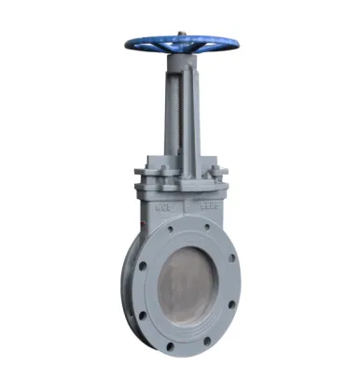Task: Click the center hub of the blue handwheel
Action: (x=179, y=43)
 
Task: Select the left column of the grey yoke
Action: (x=167, y=117)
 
